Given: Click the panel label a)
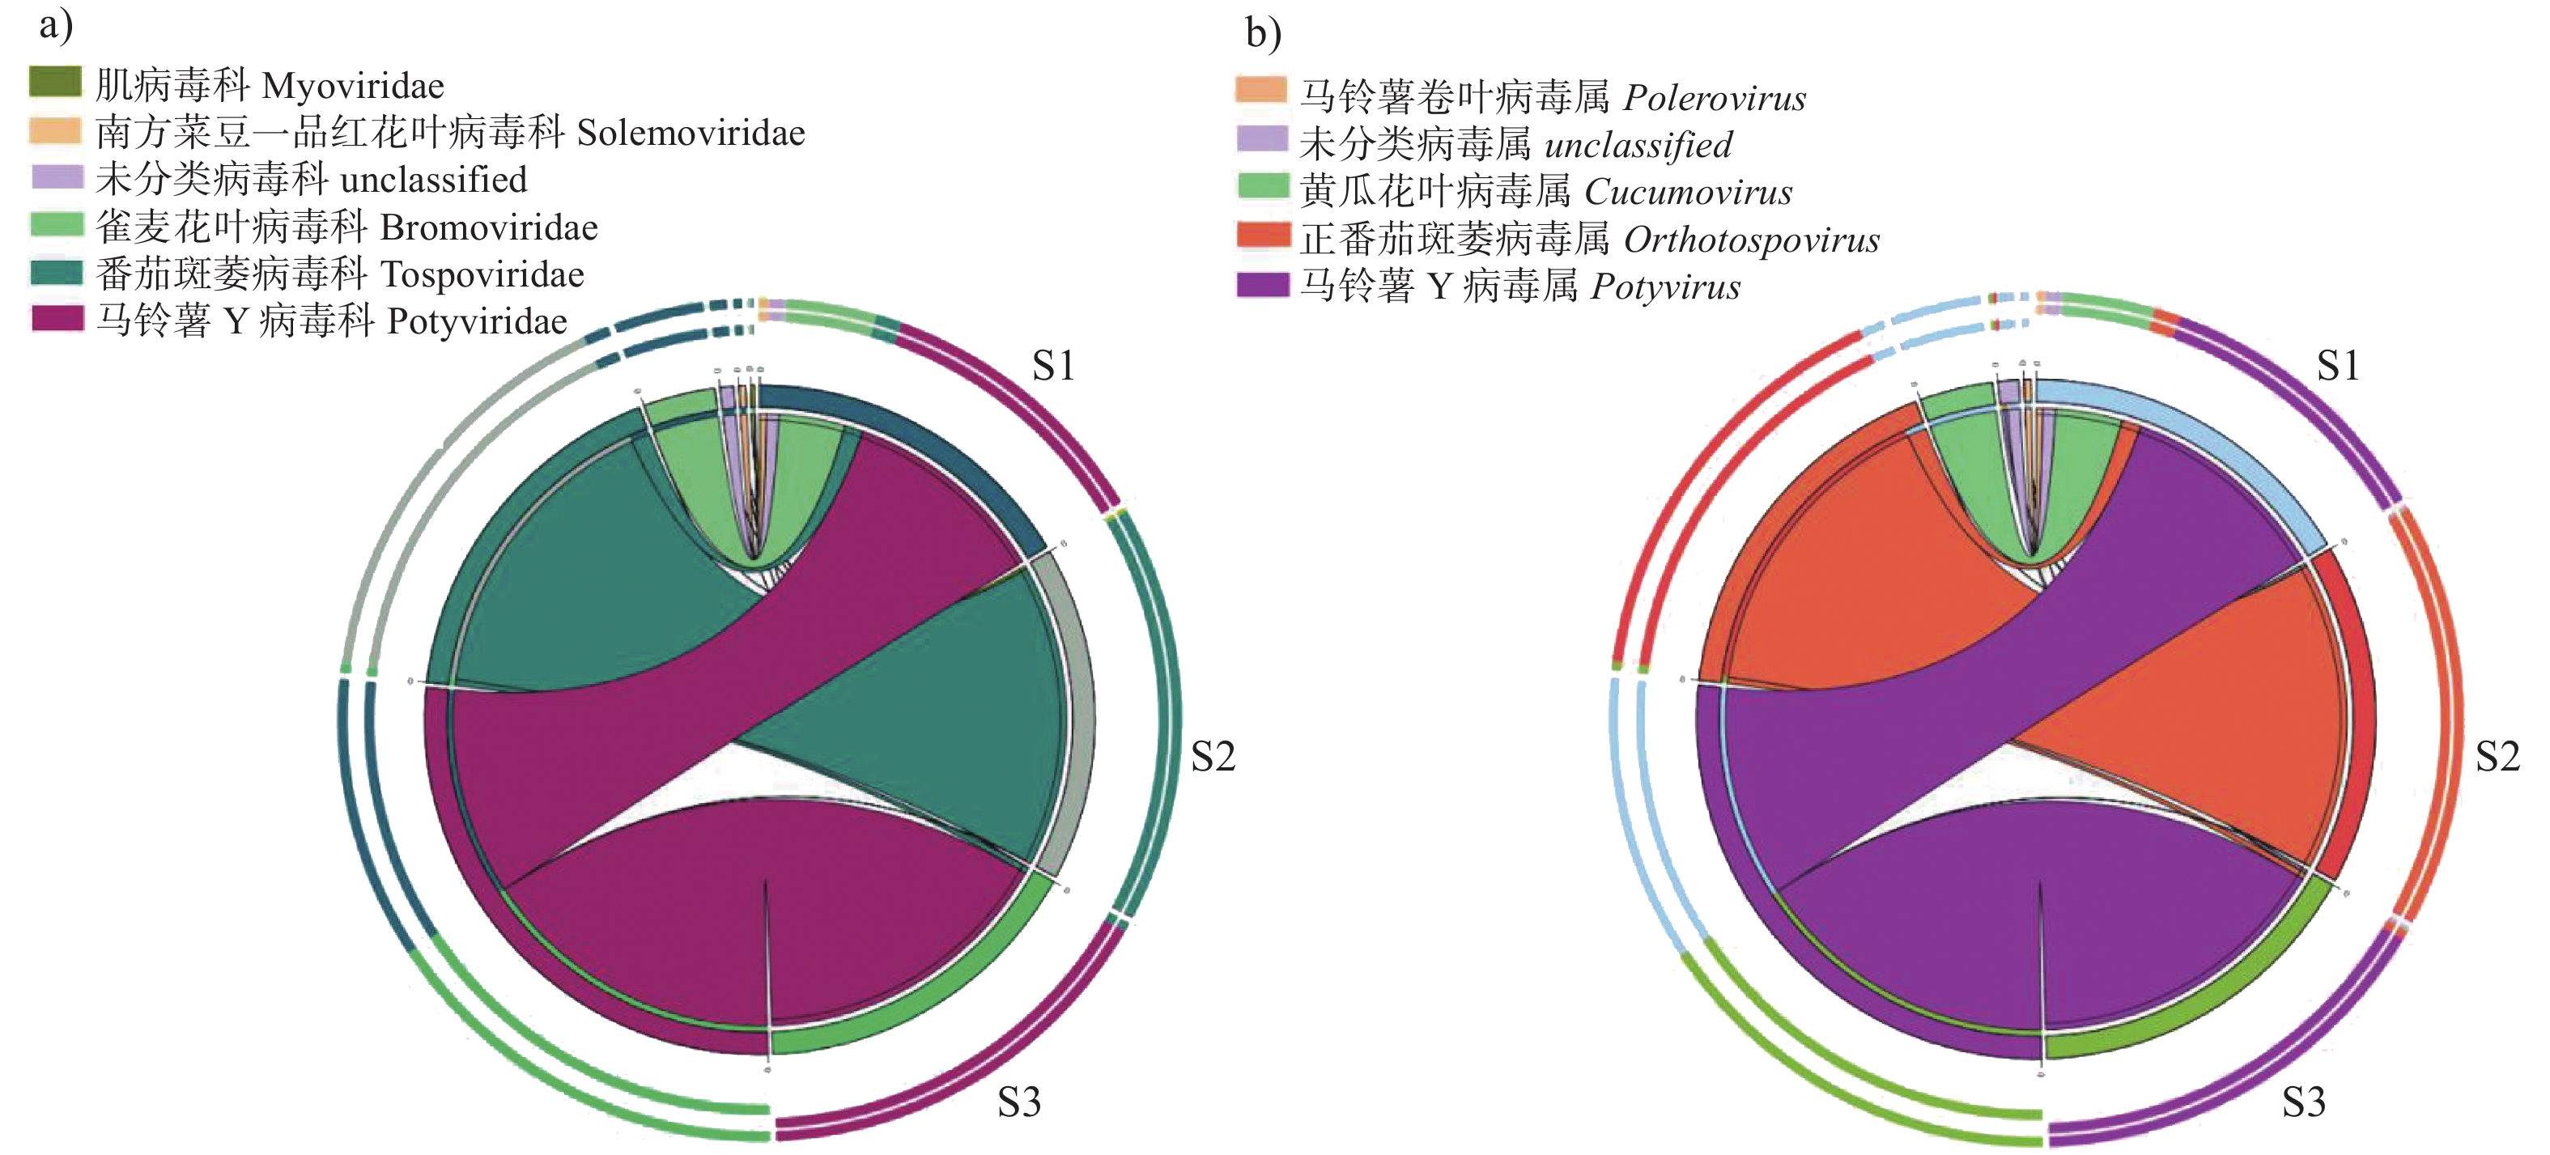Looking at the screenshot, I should point(55,26).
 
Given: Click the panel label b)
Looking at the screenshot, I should point(1263,34).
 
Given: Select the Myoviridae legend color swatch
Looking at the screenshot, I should point(55,82).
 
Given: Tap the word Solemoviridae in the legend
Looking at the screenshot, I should point(691,133).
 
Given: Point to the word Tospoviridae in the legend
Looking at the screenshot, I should point(482,274).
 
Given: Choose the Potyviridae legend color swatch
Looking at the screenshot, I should point(55,319).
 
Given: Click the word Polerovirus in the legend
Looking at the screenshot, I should point(1715,98).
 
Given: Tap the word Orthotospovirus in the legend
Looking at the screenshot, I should point(1751,240).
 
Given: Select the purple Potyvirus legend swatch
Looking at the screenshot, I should point(1263,285).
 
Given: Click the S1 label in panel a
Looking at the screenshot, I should point(1053,366).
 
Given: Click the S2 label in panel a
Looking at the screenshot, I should point(1213,757).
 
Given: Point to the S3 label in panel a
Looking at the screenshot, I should point(1018,1102).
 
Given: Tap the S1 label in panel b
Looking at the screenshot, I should point(2338,366).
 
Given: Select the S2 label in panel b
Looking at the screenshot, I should point(2497,757).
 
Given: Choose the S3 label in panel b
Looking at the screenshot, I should point(2304,1102).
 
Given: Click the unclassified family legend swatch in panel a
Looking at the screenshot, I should point(55,177).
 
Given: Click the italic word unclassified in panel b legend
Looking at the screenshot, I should point(1638,146).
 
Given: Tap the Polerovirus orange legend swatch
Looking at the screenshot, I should point(1261,91).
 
